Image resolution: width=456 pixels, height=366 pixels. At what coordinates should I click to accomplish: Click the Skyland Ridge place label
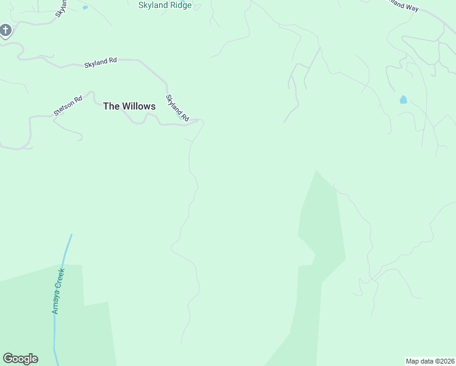pos(165,5)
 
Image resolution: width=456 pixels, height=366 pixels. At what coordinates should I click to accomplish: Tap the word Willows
pos(138,106)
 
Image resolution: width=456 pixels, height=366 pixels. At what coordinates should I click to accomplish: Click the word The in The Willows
pos(111,106)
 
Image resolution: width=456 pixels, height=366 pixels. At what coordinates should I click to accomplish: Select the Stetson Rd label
pos(68,106)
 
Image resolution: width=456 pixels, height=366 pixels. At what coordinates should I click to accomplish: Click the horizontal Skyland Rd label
pos(101,62)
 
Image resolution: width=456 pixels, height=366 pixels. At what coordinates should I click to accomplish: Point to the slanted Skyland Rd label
pos(177,107)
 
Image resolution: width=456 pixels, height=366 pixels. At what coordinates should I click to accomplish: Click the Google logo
pos(20,359)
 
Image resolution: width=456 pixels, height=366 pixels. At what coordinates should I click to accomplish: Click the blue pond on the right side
pos(403,99)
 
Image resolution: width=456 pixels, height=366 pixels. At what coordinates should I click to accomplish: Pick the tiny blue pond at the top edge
pos(85,7)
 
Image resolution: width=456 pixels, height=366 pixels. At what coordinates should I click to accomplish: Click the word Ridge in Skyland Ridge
pos(181,5)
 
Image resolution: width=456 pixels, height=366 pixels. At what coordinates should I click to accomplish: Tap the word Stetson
pos(63,108)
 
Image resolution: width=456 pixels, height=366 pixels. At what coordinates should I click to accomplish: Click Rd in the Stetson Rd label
pos(77,99)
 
